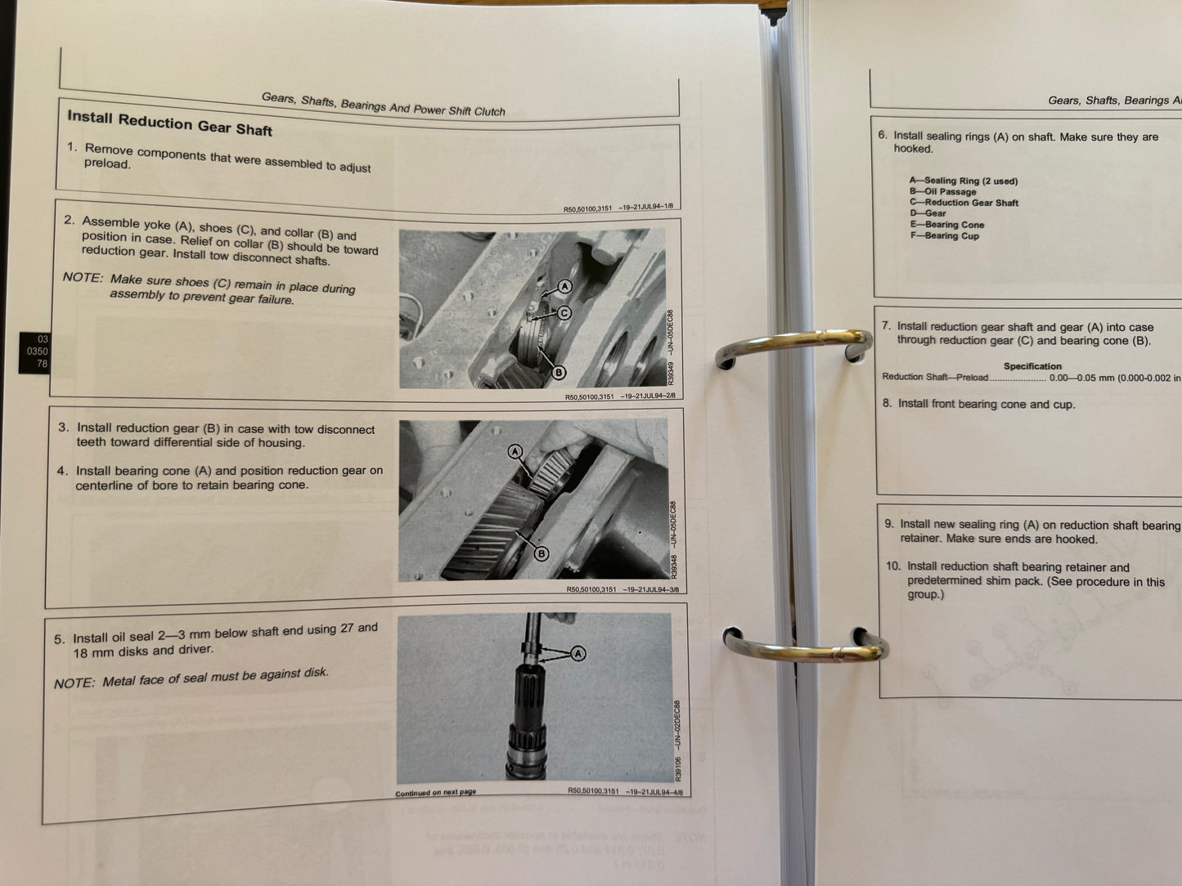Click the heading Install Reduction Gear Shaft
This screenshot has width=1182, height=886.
(x=169, y=123)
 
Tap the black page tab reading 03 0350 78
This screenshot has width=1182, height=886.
(x=34, y=351)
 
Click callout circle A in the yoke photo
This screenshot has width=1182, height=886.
(x=564, y=286)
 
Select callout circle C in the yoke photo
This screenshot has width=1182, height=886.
(x=564, y=312)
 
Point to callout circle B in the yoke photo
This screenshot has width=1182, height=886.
(x=559, y=373)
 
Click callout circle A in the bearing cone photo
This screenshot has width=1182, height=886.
(x=515, y=451)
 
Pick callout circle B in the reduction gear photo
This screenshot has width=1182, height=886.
(x=541, y=554)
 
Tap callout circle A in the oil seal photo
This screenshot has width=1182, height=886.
(x=578, y=653)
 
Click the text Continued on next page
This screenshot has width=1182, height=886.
(x=435, y=792)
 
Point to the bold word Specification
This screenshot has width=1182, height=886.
(x=1032, y=366)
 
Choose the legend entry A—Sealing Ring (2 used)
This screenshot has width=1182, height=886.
(x=963, y=181)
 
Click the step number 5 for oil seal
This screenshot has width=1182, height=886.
(x=59, y=640)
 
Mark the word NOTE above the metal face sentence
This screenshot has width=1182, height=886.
(x=74, y=683)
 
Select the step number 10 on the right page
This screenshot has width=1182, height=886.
(x=892, y=566)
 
